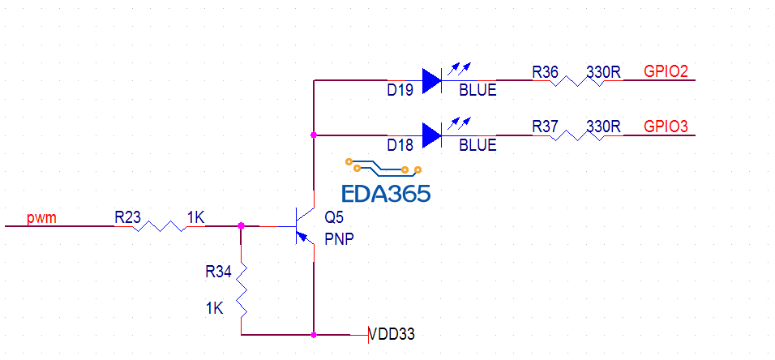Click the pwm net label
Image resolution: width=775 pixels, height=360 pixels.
[x=41, y=218]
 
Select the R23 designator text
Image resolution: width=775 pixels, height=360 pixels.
[x=128, y=217]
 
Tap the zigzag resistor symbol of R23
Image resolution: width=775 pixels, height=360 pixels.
[x=159, y=226]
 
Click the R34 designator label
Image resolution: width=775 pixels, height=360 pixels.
[x=219, y=270]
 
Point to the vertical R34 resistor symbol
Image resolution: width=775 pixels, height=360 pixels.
[x=242, y=290]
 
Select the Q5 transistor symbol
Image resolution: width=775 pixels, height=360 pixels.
[x=303, y=226]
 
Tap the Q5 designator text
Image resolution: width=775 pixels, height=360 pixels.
[x=333, y=217]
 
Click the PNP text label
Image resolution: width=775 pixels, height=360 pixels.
[x=339, y=239]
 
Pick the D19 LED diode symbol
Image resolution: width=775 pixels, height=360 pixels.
[x=432, y=80]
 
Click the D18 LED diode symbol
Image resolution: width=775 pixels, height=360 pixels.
[x=432, y=135]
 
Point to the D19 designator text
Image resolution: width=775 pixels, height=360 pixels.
[x=400, y=91]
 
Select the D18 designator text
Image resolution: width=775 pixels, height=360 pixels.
[x=400, y=146]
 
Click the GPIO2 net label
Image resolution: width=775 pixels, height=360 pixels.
[x=666, y=72]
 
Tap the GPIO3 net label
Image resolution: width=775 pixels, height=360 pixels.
[x=666, y=127]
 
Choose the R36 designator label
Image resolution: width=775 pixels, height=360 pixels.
[x=545, y=72]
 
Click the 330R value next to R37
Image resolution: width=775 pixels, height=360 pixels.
[x=603, y=127]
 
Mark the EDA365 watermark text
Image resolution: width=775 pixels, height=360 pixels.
[x=386, y=193]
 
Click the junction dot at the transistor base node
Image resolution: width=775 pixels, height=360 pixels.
[x=242, y=226]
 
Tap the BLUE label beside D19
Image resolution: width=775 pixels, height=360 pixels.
[x=477, y=91]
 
